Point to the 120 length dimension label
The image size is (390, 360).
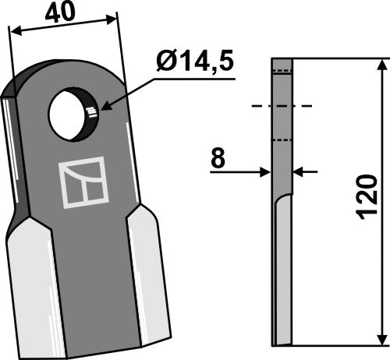pyautogui.click(x=365, y=200)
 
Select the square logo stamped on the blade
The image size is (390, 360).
pyautogui.click(x=80, y=184)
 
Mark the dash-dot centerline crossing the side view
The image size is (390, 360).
pyautogui.click(x=281, y=105)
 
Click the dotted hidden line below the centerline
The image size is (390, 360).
pyautogui.click(x=282, y=140)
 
